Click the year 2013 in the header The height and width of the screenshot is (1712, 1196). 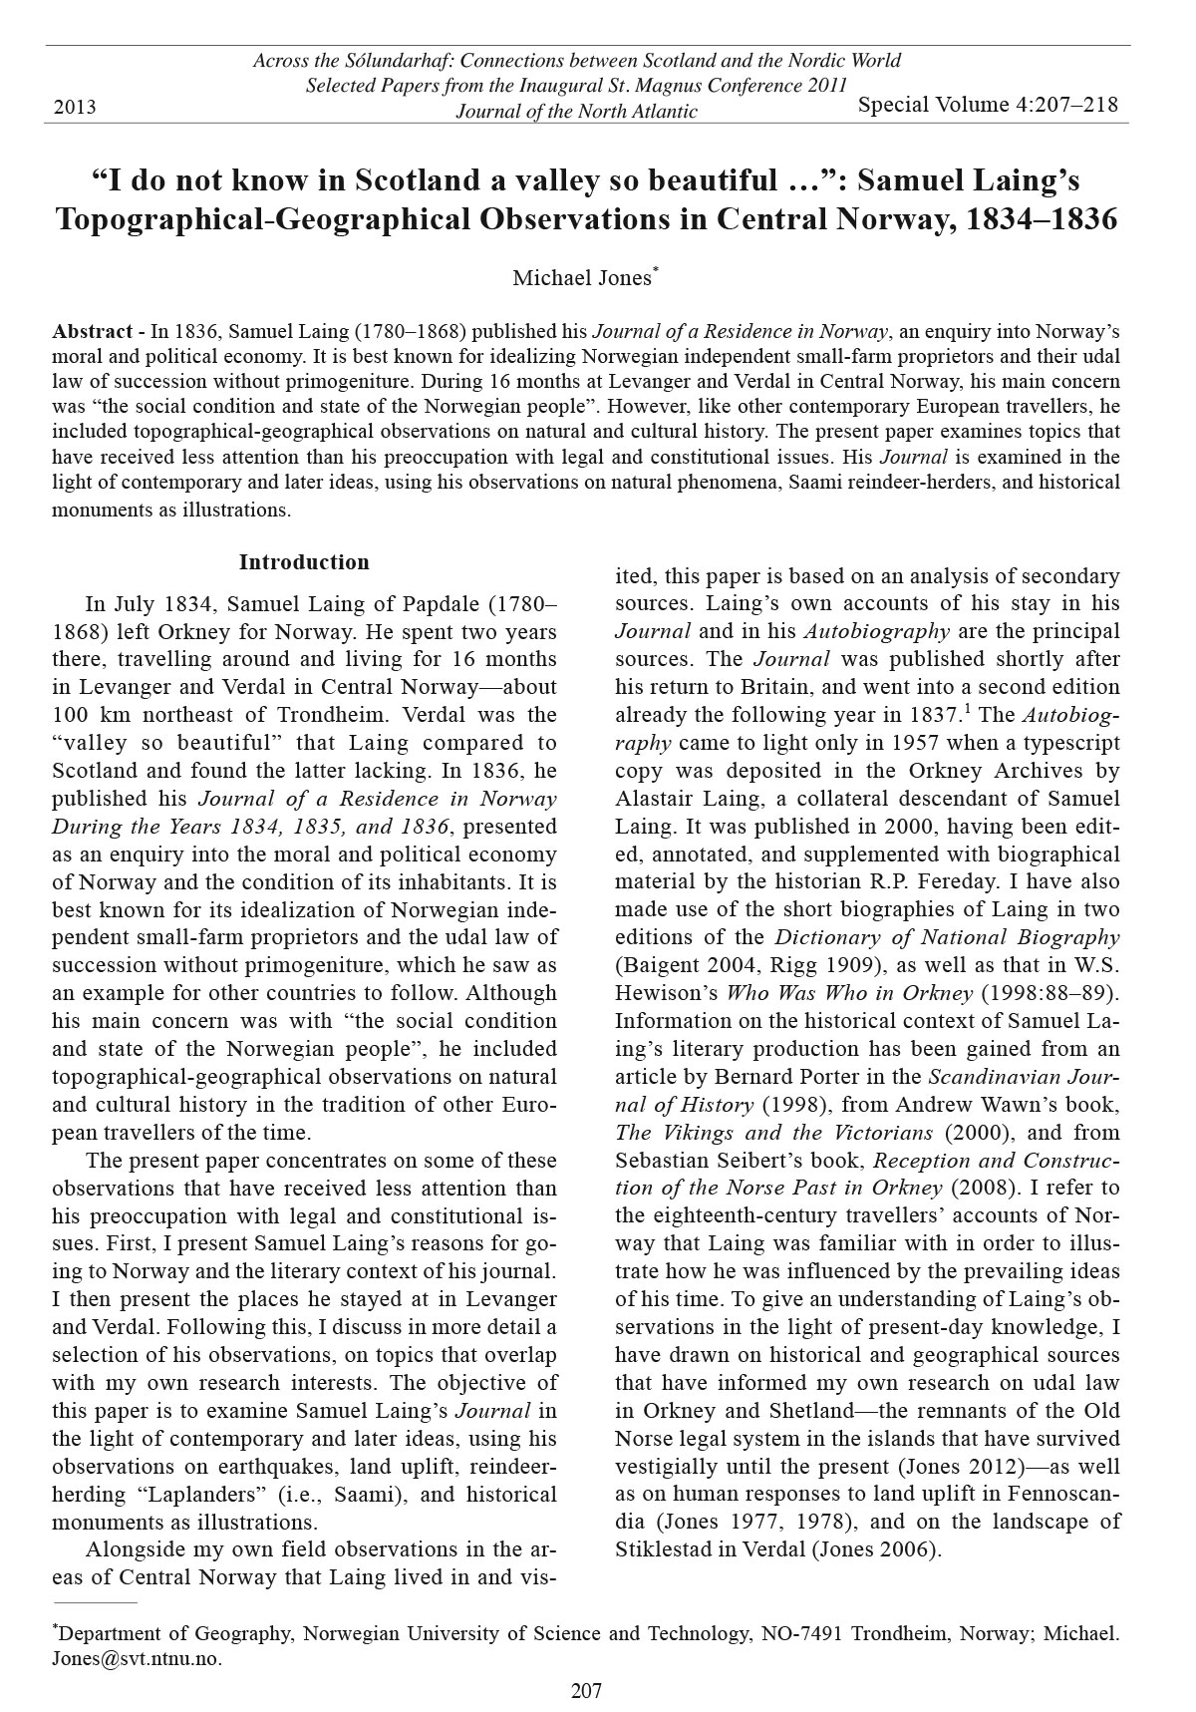pyautogui.click(x=75, y=107)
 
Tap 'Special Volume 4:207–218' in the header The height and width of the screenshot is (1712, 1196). pyautogui.click(x=988, y=105)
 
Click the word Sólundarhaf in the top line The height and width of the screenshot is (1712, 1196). pyautogui.click(x=407, y=61)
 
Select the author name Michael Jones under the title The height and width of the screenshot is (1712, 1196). pyautogui.click(x=582, y=278)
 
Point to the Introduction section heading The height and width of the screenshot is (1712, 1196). pyautogui.click(x=304, y=562)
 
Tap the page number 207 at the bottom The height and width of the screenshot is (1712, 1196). pyautogui.click(x=586, y=1690)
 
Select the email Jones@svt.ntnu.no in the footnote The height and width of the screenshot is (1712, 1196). pyautogui.click(x=136, y=1659)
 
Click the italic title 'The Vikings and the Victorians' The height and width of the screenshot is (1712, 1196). pyautogui.click(x=774, y=1133)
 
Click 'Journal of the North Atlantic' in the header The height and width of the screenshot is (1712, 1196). pyautogui.click(x=576, y=112)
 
